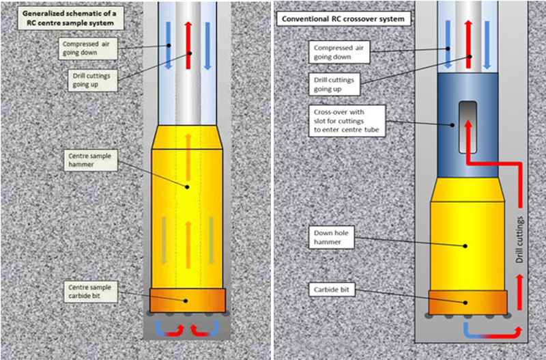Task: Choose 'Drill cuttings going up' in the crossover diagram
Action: (x=339, y=84)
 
